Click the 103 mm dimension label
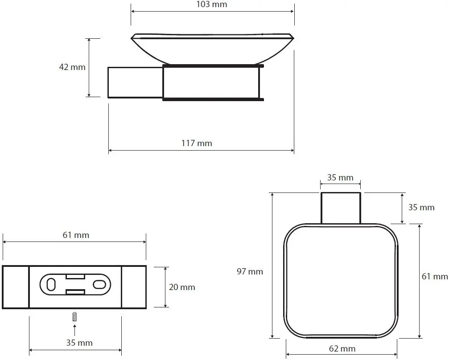(212, 4)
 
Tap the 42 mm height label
(72, 67)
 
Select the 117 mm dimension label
(197, 143)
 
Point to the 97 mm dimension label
(250, 271)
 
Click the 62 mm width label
(342, 348)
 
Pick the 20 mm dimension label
(182, 287)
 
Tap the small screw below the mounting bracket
(75, 317)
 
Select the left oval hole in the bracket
(51, 285)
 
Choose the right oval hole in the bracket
(99, 285)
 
